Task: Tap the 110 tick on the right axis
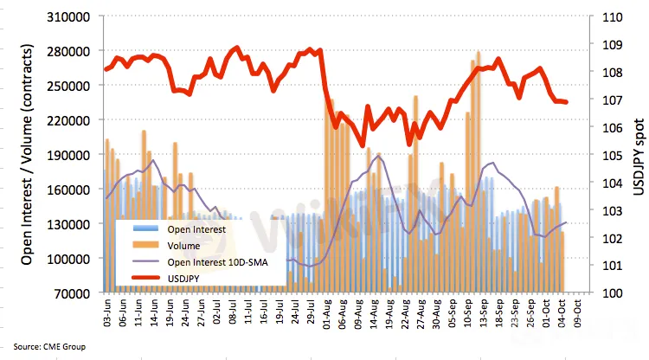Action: click(x=601, y=16)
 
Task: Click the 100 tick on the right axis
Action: click(x=601, y=293)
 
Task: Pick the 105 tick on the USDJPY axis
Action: click(x=601, y=155)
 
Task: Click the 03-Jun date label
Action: click(x=107, y=313)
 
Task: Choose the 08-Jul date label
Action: click(x=234, y=313)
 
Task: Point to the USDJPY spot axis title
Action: click(x=637, y=155)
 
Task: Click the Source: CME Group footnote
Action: click(x=48, y=346)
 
